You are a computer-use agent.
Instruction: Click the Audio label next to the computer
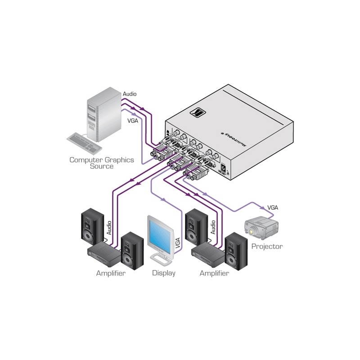click(130, 94)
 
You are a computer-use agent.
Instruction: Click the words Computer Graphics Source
click(101, 163)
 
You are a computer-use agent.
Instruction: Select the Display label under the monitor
click(164, 273)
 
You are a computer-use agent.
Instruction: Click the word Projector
click(267, 247)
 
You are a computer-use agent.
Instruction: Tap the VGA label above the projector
click(273, 207)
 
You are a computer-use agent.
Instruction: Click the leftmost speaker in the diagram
click(92, 227)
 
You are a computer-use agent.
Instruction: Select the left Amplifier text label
click(111, 273)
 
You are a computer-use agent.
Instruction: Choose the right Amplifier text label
click(214, 273)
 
